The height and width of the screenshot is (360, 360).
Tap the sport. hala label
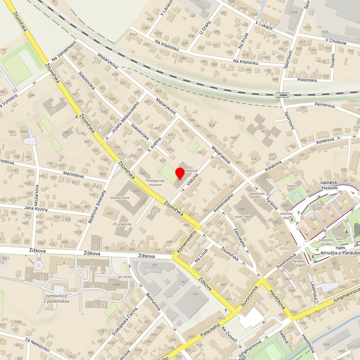tap(243, 217)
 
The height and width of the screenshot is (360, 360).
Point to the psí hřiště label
tap(124, 276)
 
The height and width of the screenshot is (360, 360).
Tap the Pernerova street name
tap(327, 105)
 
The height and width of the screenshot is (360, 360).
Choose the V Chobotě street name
tap(336, 42)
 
